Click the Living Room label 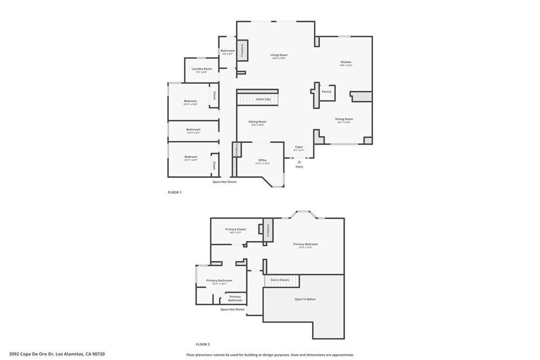pyautogui.click(x=279, y=55)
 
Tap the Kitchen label pyautogui.click(x=345, y=62)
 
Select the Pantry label pyautogui.click(x=326, y=91)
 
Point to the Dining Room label pyautogui.click(x=344, y=119)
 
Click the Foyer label pyautogui.click(x=299, y=147)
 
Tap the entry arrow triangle pyautogui.click(x=300, y=162)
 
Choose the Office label pyautogui.click(x=262, y=160)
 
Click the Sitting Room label pyautogui.click(x=257, y=122)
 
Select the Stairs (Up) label pyautogui.click(x=263, y=99)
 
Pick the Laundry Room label pyautogui.click(x=201, y=69)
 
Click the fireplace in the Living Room pyautogui.click(x=242, y=50)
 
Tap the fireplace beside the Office pyautogui.click(x=237, y=149)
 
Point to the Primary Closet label pyautogui.click(x=235, y=229)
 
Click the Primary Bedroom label pyautogui.click(x=305, y=244)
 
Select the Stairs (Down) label pyautogui.click(x=280, y=280)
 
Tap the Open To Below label pyautogui.click(x=305, y=299)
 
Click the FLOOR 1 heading pyautogui.click(x=174, y=192)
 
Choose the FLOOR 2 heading pyautogui.click(x=202, y=344)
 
